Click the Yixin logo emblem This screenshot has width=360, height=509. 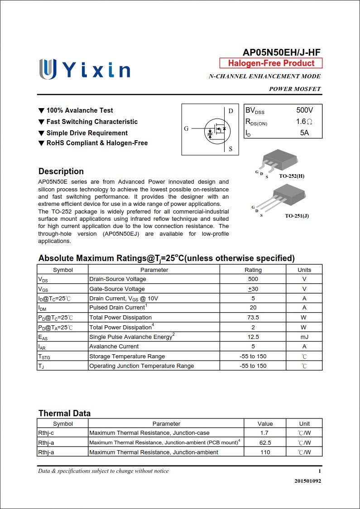pos(48,69)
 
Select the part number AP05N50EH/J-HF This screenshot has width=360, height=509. pos(282,52)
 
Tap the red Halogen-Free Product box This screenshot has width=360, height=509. pos(271,63)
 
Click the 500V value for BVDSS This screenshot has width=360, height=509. pos(304,110)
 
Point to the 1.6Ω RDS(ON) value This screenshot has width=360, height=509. pos(304,122)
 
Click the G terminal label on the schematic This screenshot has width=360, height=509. pos(186,129)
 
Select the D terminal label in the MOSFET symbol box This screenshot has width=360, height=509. pos(230,111)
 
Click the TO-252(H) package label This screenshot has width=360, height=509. pos(291,176)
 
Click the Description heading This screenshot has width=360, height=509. pos(61,171)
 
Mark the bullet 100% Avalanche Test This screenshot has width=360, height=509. pos(80,110)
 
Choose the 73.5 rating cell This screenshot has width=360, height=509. pos(253,318)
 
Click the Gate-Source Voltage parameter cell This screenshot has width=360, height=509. pos(117,289)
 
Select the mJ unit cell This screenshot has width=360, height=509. pos(304,337)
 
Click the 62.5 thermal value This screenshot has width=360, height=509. pos(265,442)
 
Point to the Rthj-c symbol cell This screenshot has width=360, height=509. pos(46,433)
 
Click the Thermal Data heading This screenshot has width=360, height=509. pos(64,413)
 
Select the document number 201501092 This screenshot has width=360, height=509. pos(307,481)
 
